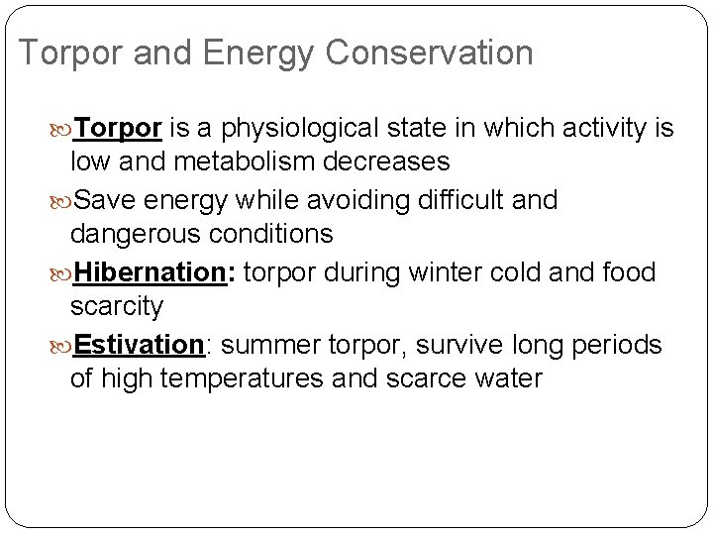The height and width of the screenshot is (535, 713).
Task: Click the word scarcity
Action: (x=117, y=307)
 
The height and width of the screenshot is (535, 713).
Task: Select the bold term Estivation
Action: (x=139, y=344)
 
